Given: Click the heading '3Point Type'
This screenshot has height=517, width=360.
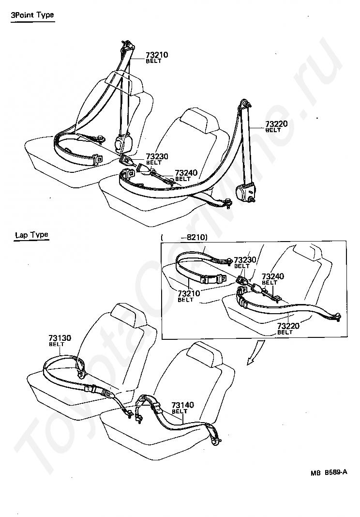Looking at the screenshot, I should pos(32,15).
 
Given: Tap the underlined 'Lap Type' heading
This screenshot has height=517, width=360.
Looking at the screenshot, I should pos(31,235).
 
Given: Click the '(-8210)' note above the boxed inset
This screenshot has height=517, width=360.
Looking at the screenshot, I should pos(184,237).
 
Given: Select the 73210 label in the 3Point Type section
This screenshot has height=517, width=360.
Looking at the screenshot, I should pos(156,55).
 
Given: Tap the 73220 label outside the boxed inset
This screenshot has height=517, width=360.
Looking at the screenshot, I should pos(276,124).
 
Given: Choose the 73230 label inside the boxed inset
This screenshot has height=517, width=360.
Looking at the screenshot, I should pos(245,260).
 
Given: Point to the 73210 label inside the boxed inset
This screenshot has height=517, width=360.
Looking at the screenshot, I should pos(189,293).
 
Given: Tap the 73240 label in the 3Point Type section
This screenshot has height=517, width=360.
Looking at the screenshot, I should pos(186,172).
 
